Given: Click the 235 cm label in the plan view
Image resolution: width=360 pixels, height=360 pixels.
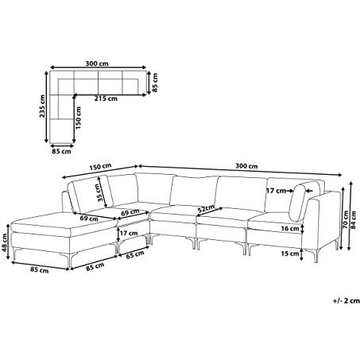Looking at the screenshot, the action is click(x=42, y=106).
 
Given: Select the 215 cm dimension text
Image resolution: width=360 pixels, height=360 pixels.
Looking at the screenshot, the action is click(x=106, y=99).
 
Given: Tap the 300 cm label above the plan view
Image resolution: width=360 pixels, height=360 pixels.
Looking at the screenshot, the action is click(x=97, y=64).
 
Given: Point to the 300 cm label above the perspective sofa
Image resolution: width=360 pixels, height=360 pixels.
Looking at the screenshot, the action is click(x=246, y=166).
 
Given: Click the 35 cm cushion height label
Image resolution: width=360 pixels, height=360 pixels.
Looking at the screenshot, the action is click(x=100, y=193).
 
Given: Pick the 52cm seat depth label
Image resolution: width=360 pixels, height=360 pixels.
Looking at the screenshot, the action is click(x=207, y=209).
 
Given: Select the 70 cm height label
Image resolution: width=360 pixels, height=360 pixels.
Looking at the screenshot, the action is click(x=345, y=219).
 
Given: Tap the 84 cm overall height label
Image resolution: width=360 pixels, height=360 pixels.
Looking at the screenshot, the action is click(x=353, y=219).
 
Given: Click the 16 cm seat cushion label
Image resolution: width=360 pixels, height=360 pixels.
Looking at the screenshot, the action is click(x=290, y=228).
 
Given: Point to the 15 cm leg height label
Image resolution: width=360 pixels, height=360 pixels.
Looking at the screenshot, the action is click(x=290, y=254).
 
